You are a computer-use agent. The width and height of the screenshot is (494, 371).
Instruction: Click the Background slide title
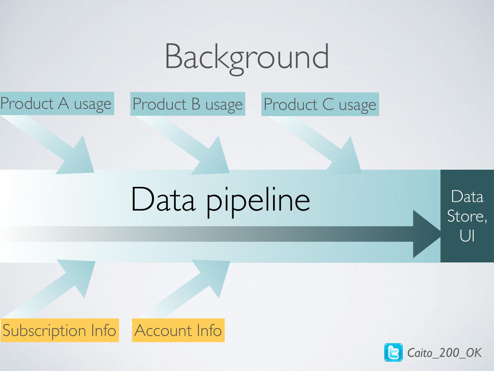[247, 57]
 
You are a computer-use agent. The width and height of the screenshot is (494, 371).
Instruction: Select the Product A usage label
[56, 103]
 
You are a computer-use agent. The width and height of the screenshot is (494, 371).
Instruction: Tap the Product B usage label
[188, 104]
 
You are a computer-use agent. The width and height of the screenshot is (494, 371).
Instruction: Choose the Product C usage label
[320, 104]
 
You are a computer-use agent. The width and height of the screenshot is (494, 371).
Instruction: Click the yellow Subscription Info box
[60, 330]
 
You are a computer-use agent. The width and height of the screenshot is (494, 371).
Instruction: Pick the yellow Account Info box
[178, 330]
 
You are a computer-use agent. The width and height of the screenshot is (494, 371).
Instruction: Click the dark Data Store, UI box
[467, 216]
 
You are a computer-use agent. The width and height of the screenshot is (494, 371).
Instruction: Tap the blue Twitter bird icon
[393, 352]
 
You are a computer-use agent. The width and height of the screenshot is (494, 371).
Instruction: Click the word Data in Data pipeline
[163, 199]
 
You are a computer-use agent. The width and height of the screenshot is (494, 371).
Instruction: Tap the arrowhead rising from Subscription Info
[81, 275]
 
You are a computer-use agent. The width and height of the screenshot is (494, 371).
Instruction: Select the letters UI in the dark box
[467, 236]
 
